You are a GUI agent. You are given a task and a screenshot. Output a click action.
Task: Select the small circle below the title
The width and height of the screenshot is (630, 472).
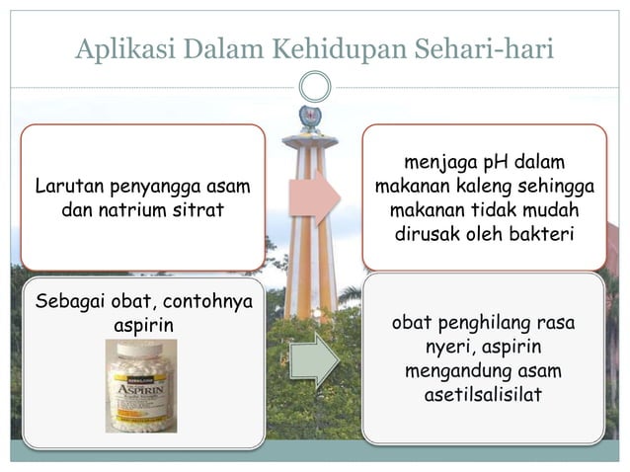314,87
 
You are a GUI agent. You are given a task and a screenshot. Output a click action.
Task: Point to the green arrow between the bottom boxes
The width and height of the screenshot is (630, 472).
314,358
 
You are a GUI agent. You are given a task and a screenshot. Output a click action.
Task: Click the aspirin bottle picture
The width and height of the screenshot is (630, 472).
141,386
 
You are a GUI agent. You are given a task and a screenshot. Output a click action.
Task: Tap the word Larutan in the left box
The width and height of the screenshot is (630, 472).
67,186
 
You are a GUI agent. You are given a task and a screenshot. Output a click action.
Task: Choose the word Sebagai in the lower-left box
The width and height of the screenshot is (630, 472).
69,300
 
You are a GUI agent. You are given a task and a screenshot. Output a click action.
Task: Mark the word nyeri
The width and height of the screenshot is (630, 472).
450,348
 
